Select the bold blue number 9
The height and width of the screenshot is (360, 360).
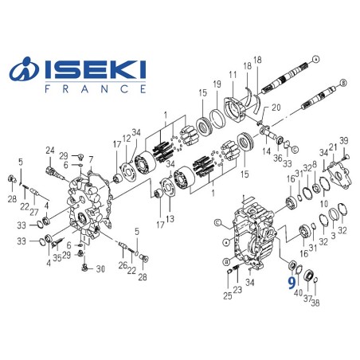[292, 281]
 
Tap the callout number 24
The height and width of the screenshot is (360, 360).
[49, 151]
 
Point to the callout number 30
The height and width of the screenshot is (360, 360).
[100, 268]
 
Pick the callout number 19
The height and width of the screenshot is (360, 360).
[215, 84]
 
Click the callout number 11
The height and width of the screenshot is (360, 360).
[233, 75]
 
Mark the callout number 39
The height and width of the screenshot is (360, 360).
[345, 140]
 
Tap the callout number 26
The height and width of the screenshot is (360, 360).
[121, 265]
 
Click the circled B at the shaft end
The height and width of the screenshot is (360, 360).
[343, 80]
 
